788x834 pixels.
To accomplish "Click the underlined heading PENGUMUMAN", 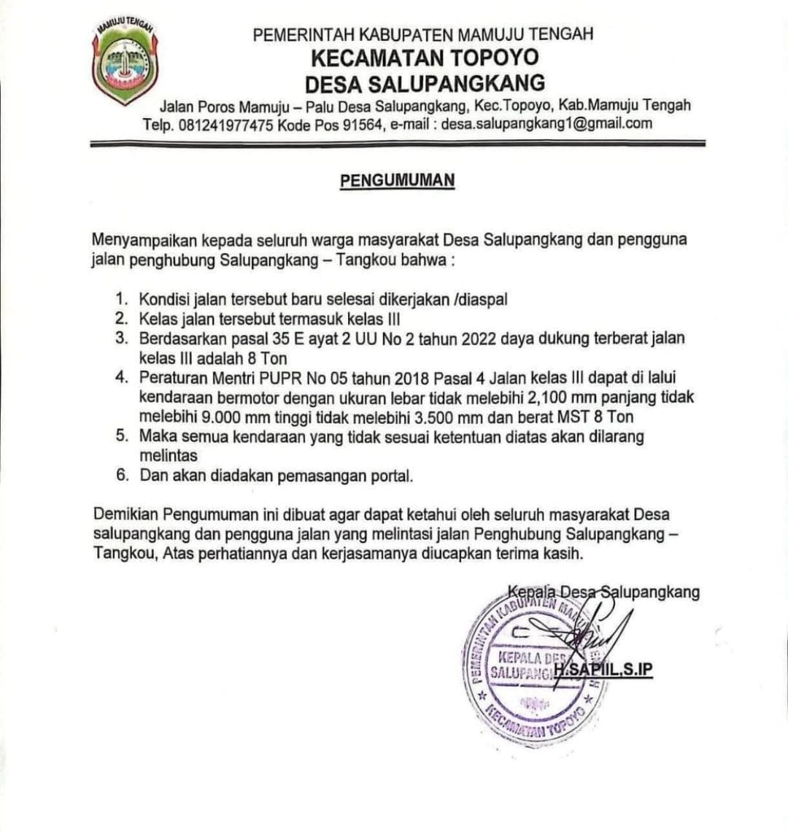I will (x=398, y=180).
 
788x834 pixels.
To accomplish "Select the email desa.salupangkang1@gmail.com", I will (x=547, y=123).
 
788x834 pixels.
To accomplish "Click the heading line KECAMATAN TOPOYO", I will (x=425, y=57).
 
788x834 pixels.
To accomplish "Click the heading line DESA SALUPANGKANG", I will (x=425, y=82).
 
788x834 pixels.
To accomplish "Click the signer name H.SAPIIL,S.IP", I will (x=603, y=670).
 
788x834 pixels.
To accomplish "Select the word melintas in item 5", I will (x=168, y=456).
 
